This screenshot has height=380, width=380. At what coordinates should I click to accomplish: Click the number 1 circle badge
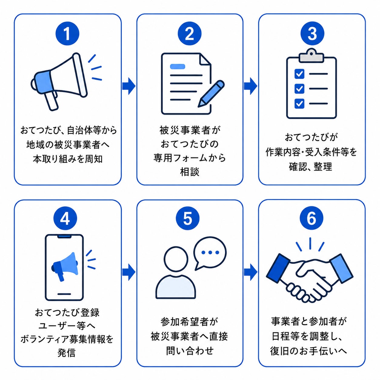67,34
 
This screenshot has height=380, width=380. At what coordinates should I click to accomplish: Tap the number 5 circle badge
188,218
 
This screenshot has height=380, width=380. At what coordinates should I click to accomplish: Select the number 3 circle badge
312,34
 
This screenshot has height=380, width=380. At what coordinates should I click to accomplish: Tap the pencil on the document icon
211,93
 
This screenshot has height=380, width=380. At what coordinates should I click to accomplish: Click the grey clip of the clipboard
311,55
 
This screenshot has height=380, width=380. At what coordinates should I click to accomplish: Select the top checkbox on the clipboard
299,74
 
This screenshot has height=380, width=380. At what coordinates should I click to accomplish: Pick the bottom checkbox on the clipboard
299,103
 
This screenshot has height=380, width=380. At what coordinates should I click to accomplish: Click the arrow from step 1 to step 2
129,86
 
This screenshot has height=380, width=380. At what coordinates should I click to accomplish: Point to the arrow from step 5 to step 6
250,272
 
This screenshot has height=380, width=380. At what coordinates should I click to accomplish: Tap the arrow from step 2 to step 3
250,86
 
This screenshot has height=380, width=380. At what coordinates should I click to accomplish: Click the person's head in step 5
176,258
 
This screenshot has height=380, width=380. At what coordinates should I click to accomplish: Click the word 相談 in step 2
190,172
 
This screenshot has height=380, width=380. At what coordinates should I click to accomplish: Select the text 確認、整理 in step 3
311,167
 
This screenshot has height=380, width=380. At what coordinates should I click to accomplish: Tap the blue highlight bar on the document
178,66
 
